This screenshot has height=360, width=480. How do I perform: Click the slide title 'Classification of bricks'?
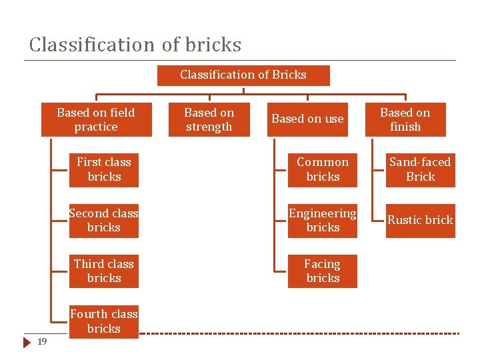click(x=135, y=45)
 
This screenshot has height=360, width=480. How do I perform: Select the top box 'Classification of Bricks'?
click(x=243, y=75)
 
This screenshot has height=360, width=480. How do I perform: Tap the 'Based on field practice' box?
click(x=96, y=120)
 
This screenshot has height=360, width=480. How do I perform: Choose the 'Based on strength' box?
click(x=209, y=120)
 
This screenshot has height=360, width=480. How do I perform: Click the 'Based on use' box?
click(x=307, y=119)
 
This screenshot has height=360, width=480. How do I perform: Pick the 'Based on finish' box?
click(x=405, y=120)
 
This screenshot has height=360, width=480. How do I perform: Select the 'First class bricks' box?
click(x=104, y=170)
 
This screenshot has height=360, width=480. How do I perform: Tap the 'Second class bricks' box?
click(x=104, y=221)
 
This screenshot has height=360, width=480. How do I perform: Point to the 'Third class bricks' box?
click(x=104, y=271)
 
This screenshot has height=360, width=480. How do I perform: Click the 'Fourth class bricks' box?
click(x=104, y=321)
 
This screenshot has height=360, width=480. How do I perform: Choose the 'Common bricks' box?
click(x=323, y=170)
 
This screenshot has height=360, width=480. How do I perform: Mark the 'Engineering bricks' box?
click(x=323, y=221)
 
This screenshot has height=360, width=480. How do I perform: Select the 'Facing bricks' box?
click(x=323, y=271)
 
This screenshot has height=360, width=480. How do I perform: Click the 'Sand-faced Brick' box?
click(x=420, y=170)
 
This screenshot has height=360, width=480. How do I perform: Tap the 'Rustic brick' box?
click(x=420, y=221)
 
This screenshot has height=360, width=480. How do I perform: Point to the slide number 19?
click(x=42, y=342)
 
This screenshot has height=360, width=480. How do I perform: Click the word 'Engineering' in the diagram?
click(x=323, y=213)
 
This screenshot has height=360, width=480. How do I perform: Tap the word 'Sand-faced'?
click(x=420, y=162)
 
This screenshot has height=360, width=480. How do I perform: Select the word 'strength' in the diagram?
click(x=209, y=127)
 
